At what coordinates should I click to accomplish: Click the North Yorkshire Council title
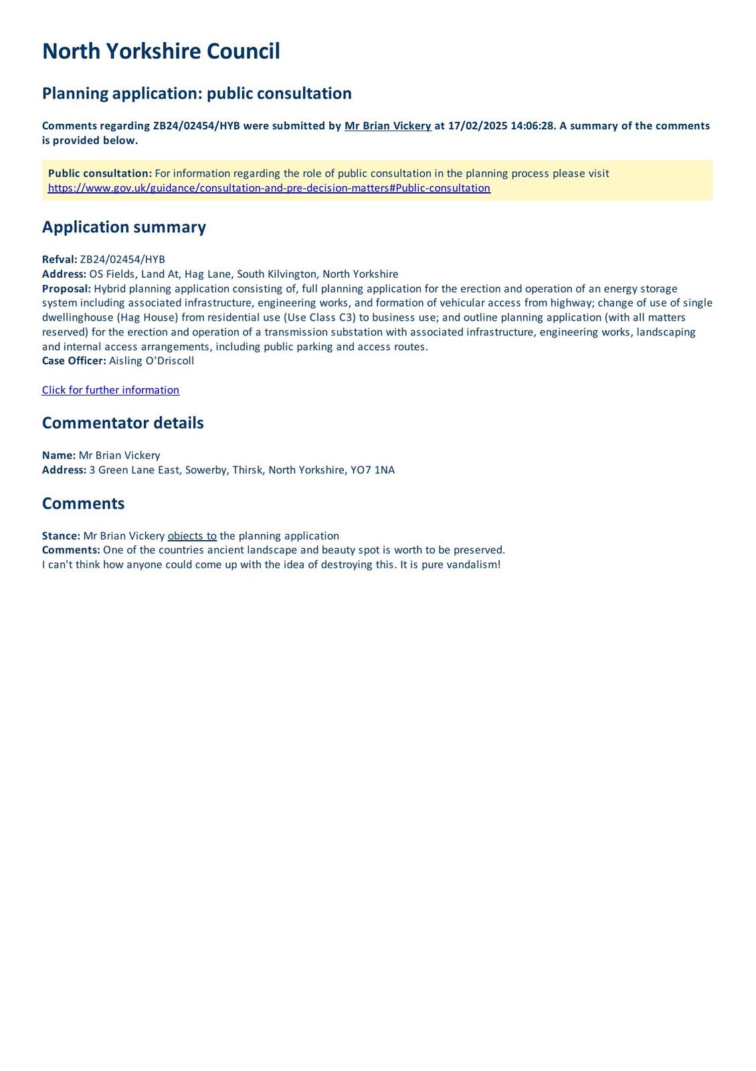(161, 52)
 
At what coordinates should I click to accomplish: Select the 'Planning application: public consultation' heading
(197, 93)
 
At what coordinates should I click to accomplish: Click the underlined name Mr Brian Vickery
(387, 126)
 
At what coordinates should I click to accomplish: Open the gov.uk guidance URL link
(269, 188)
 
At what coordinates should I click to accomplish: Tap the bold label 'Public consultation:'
(100, 173)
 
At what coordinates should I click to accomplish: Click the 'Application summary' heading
(124, 227)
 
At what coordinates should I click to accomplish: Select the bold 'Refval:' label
(60, 260)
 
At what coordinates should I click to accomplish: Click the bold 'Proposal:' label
(66, 289)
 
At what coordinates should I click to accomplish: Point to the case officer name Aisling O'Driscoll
(151, 361)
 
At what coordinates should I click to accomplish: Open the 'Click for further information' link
(110, 390)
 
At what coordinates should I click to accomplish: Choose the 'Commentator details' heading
(122, 423)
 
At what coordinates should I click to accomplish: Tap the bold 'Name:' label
(59, 455)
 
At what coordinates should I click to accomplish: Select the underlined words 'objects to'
(192, 536)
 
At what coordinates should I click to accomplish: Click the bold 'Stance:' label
(61, 536)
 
